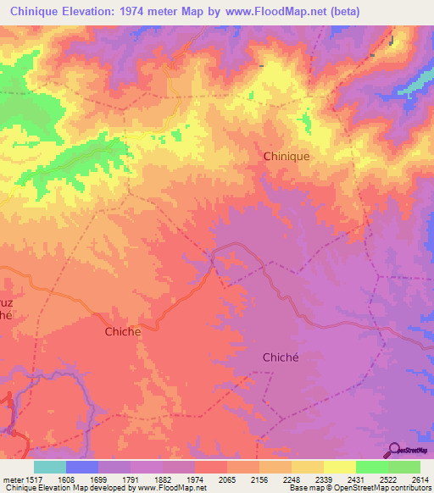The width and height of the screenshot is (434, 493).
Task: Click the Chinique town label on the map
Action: pyautogui.click(x=287, y=156)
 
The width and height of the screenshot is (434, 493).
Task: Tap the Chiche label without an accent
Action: pyautogui.click(x=122, y=332)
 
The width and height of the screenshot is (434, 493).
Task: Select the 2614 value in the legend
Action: pyautogui.click(x=420, y=479)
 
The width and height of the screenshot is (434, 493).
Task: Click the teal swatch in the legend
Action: pyautogui.click(x=50, y=467)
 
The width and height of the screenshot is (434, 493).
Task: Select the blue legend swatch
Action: pyautogui.click(x=82, y=467)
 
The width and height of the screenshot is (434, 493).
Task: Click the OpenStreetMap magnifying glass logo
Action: pyautogui.click(x=394, y=451)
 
